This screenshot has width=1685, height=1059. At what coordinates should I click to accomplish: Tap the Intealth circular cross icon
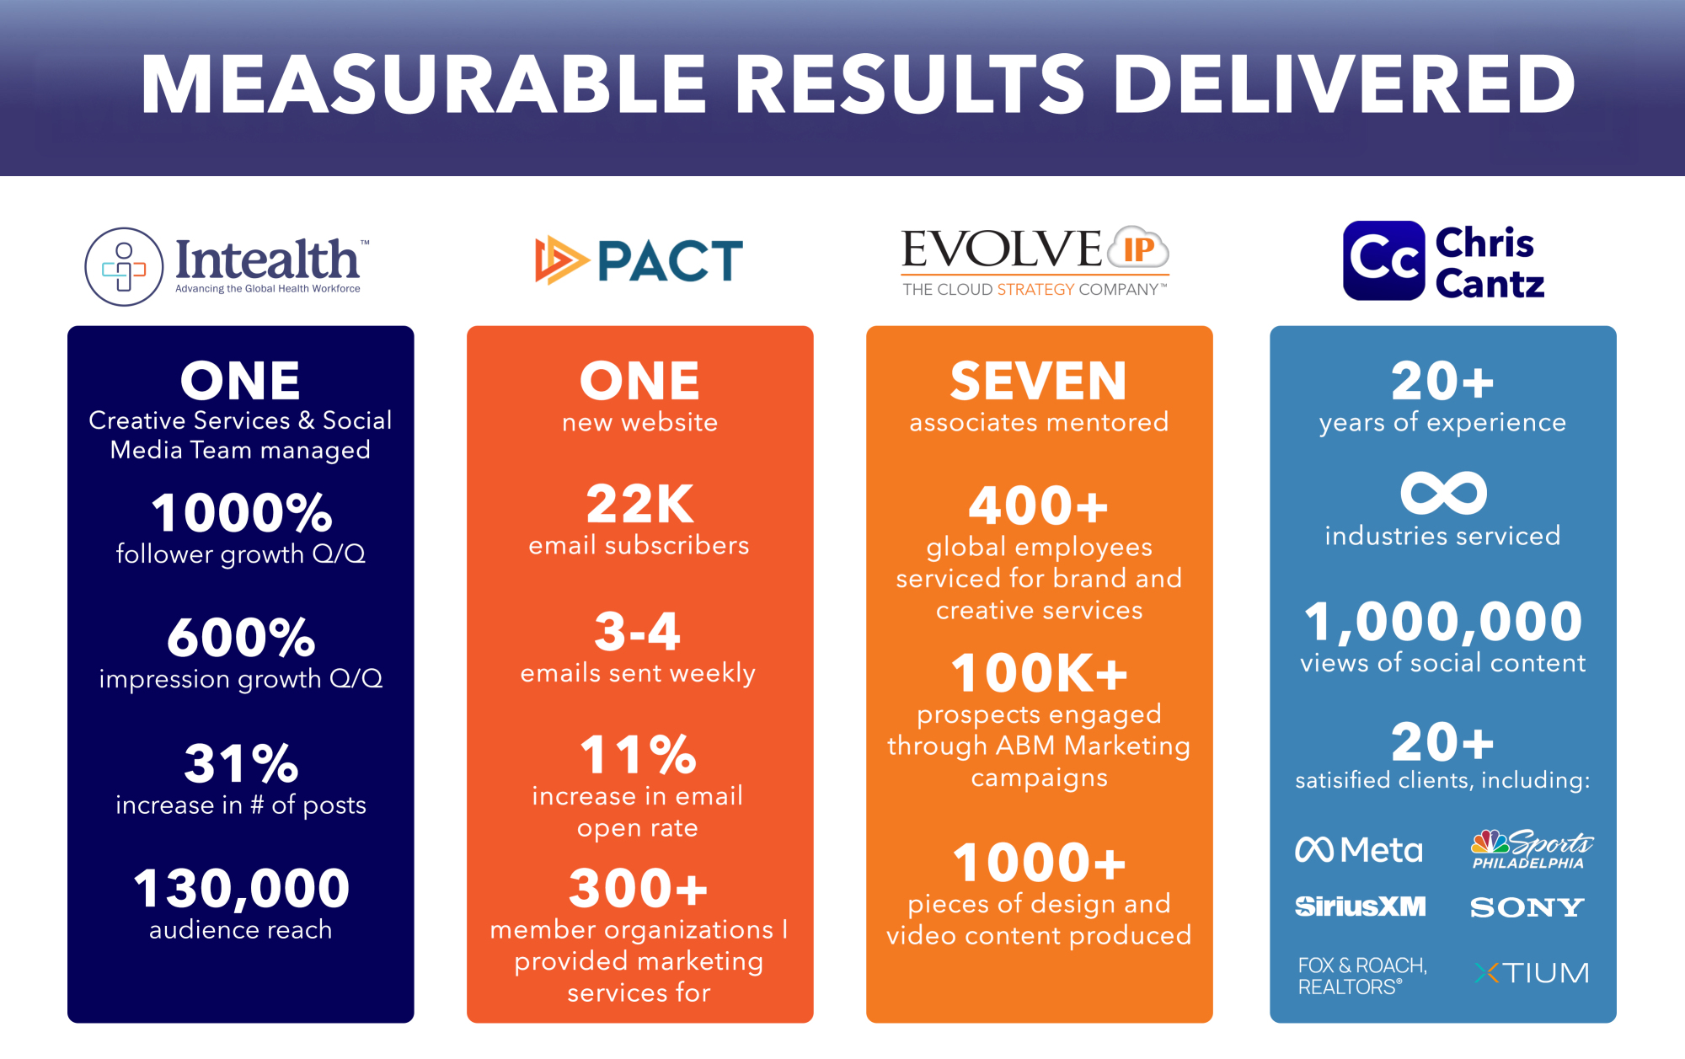pos(124,266)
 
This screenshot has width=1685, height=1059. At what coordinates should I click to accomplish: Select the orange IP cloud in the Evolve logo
pos(1139,248)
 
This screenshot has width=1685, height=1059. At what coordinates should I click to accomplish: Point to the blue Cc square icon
pos(1384,260)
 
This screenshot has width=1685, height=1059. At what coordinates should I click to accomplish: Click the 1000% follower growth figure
pos(242,512)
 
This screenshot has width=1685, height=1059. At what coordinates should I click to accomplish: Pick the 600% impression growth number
pos(241,637)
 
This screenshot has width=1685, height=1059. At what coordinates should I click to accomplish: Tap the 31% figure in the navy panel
pos(241,762)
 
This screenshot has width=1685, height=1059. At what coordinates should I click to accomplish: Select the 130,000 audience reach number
pos(241,889)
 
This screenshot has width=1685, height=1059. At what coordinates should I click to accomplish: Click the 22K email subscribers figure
pos(639,504)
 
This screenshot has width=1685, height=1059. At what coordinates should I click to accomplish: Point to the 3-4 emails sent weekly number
pos(637,631)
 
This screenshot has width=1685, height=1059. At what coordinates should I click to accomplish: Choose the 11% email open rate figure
pos(639,754)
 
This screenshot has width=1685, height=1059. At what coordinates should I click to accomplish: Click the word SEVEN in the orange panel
pos(1039,381)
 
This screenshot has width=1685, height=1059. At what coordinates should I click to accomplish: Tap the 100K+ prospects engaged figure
pos(1039,673)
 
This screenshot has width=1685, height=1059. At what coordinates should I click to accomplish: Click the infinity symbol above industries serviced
pos(1443,492)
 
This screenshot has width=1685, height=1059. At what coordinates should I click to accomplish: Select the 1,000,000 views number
pos(1443,622)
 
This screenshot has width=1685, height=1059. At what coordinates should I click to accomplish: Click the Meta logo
pos(1359,849)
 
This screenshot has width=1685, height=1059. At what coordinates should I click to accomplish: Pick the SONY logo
pos(1527,907)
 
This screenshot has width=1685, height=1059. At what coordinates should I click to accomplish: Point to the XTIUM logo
pos(1532,973)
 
